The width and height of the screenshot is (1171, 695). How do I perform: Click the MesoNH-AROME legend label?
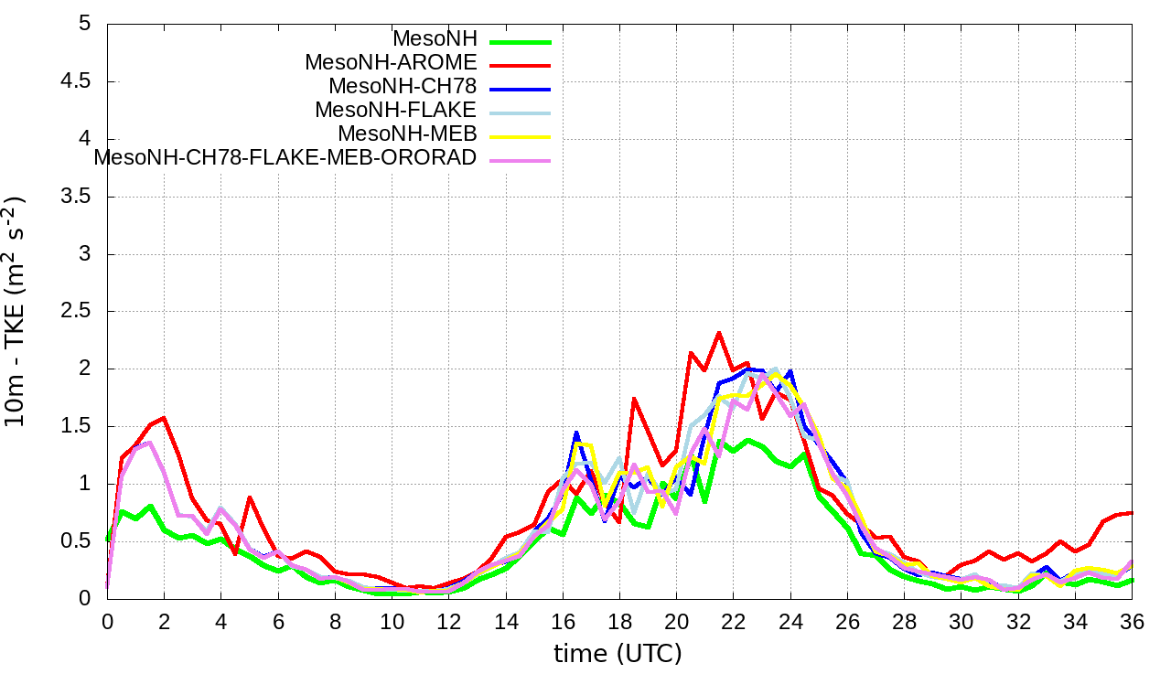pos(391,63)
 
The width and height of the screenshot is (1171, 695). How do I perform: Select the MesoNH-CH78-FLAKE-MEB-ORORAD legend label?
pos(285,157)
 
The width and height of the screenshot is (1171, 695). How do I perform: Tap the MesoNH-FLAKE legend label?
pos(395,110)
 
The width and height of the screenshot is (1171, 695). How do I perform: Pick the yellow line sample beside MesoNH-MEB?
pos(520,135)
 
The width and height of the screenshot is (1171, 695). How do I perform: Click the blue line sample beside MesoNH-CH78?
pos(520,88)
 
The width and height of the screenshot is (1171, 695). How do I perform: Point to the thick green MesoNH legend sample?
pos(520,40)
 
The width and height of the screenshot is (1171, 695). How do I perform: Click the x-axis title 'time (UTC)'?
pos(618,654)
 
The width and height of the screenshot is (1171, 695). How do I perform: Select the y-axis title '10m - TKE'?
pos(16,311)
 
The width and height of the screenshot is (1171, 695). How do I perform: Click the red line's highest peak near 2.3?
pos(719,332)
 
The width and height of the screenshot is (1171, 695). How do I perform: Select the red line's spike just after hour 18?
pos(633,399)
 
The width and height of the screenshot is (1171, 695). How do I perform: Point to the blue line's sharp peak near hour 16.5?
pos(576,433)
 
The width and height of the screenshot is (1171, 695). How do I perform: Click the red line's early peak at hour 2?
pos(164,418)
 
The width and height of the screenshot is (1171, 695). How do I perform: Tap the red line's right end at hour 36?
pos(1133,512)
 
